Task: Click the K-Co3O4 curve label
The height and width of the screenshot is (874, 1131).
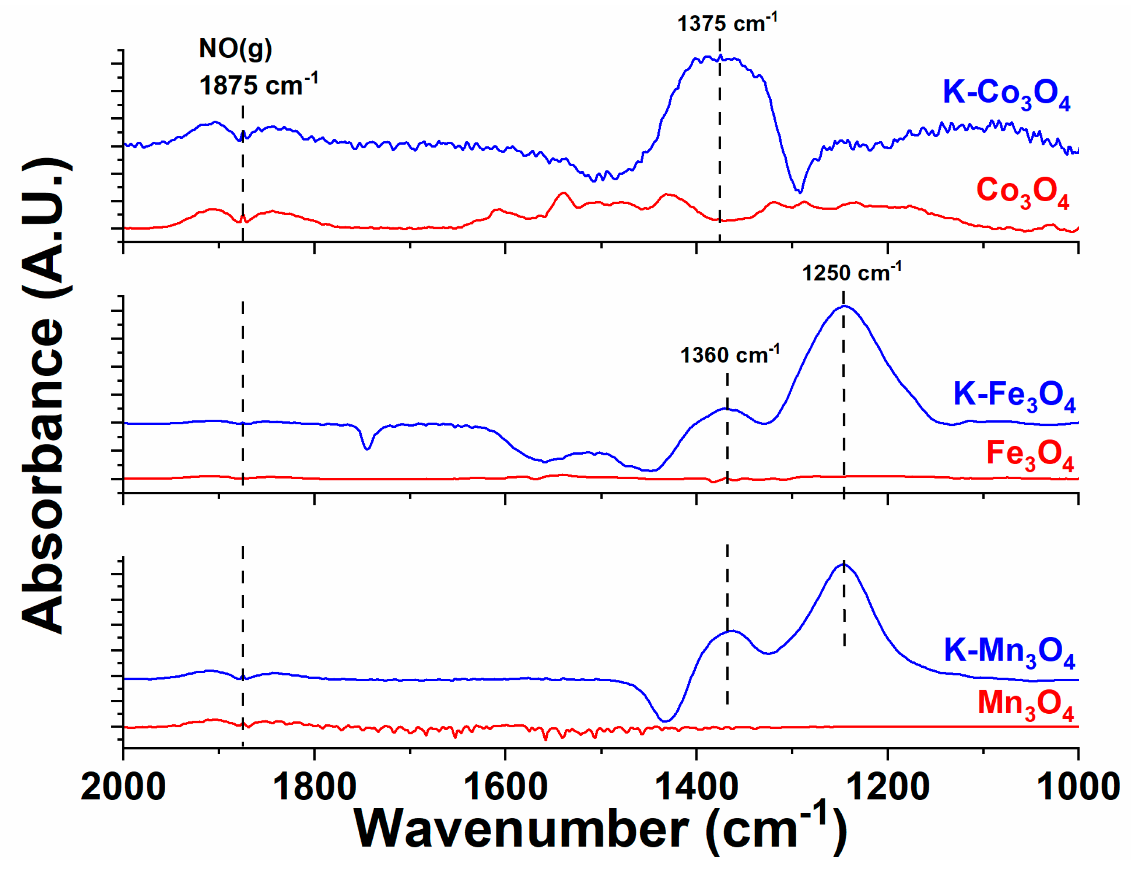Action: tap(1006, 95)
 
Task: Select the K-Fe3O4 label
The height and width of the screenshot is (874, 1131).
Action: tap(1014, 397)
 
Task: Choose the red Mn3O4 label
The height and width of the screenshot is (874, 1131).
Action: tap(1025, 706)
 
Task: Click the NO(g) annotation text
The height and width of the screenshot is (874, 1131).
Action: tap(235, 49)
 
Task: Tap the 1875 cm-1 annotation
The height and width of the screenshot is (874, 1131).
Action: tap(258, 85)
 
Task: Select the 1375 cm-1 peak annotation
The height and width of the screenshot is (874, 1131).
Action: tap(727, 23)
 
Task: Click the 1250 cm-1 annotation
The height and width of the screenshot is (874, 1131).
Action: tap(851, 272)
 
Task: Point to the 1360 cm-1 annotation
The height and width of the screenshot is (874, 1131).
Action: tap(729, 355)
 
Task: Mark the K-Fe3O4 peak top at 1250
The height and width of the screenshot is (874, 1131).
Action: tap(844, 306)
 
